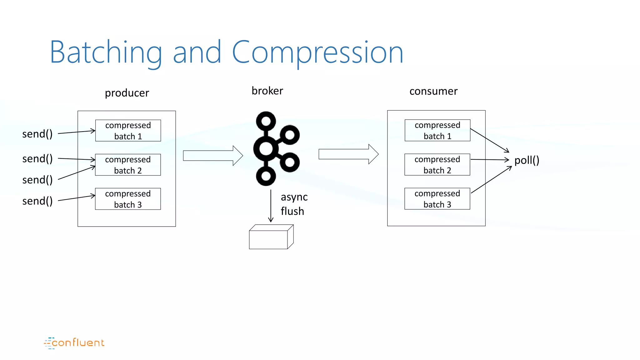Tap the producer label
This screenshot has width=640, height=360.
point(127,93)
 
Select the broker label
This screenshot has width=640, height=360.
point(267,91)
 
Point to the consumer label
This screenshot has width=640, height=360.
point(433,91)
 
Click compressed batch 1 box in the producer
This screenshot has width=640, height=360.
point(128,131)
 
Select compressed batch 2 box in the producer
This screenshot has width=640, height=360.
point(128,165)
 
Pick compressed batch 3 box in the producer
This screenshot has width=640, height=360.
point(128,199)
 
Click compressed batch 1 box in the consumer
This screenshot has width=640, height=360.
point(437,130)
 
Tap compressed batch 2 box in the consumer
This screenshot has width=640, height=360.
point(437,164)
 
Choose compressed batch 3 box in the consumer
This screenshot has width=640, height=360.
point(437,198)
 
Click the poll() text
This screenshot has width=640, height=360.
point(527,160)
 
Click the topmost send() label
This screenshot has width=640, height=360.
point(37,134)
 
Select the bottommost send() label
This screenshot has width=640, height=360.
point(37,201)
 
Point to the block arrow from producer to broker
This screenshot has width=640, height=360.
point(213,156)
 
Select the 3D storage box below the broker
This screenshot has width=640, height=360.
point(271,237)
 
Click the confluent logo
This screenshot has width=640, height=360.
point(74,343)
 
